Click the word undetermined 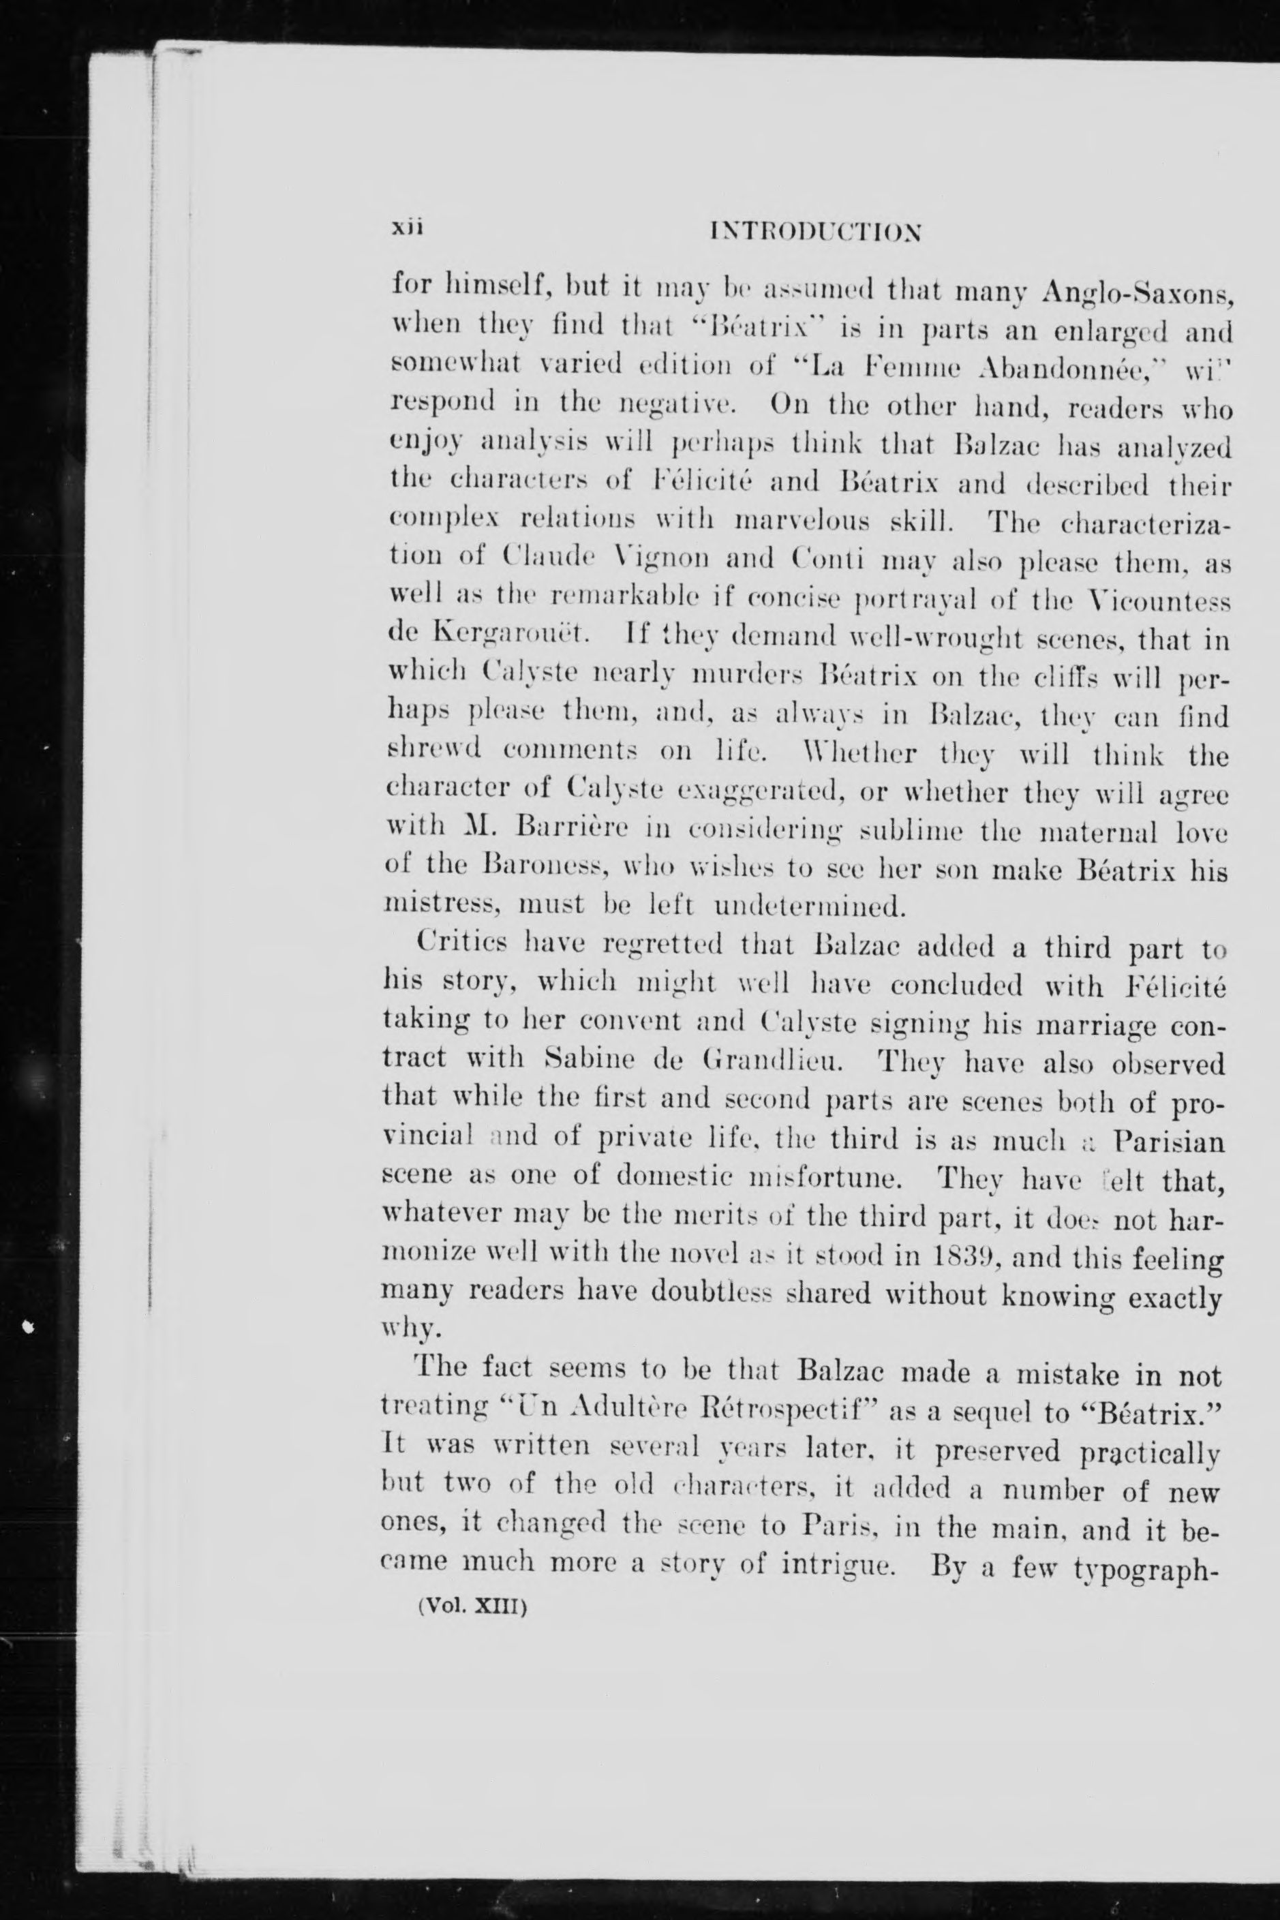pos(810,905)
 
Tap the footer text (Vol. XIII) pos(474,1605)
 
